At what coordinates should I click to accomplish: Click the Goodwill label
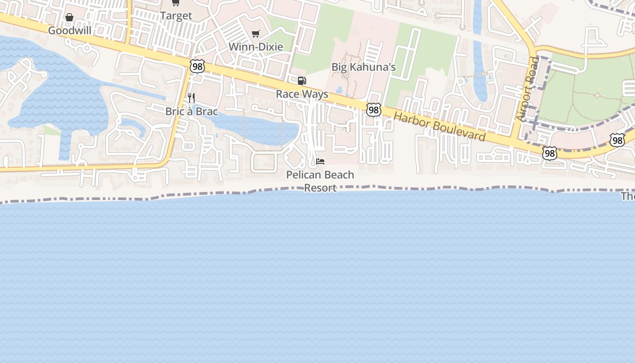(69, 30)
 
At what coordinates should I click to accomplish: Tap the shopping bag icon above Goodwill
(69, 18)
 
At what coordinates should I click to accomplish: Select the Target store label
(176, 15)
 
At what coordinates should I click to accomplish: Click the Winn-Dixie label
(256, 47)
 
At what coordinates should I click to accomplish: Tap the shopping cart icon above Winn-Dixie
(256, 34)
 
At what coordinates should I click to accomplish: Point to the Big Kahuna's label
(363, 67)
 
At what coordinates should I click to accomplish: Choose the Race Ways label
(302, 94)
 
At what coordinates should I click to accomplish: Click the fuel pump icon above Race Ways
(302, 81)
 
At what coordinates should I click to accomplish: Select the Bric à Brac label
(191, 111)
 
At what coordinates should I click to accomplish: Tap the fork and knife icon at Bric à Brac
(191, 98)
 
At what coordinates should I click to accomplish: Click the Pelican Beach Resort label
(320, 181)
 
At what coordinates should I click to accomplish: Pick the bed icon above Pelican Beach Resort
(320, 162)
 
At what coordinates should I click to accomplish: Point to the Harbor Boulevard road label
(439, 127)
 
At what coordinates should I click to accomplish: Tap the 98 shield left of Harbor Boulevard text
(373, 110)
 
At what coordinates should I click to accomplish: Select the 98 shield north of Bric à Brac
(198, 67)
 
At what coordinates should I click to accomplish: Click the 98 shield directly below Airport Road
(549, 153)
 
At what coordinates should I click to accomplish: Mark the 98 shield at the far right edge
(617, 140)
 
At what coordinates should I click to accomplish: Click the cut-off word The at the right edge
(628, 196)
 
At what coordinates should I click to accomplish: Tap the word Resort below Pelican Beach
(320, 188)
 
